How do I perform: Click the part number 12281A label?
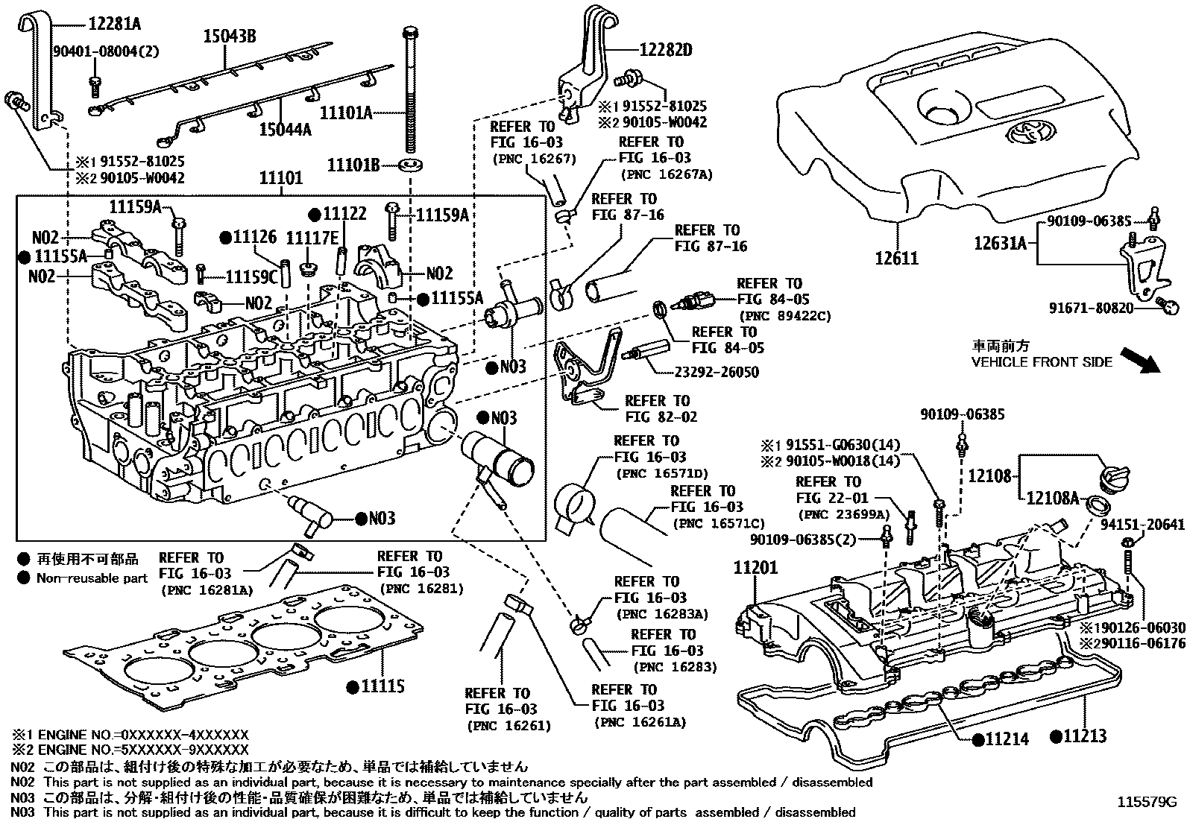113,24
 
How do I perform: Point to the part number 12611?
896,259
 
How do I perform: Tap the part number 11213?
1083,736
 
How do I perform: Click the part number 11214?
1006,739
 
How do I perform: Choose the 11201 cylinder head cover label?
755,567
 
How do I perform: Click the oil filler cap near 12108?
1116,475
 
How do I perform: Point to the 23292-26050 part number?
717,373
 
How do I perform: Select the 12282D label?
666,50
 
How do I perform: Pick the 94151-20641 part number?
1142,525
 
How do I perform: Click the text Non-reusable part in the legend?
92,578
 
